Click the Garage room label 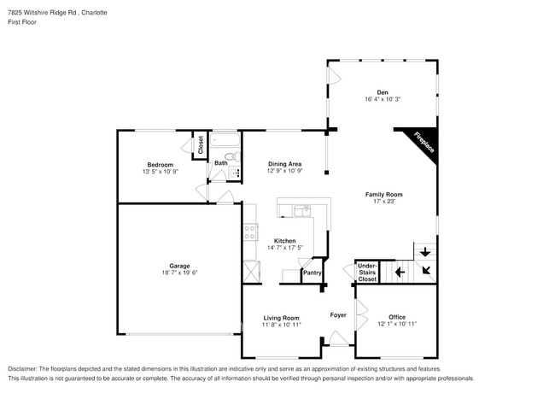point(179,266)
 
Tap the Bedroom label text point(160,165)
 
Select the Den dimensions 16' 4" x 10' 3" point(383,100)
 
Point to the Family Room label point(383,194)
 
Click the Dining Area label point(284,164)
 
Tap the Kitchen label point(284,241)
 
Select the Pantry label point(312,273)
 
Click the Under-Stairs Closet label point(367,273)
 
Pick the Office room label point(397,317)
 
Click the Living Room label point(281,318)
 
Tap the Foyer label point(338,315)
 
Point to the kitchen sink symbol point(302,209)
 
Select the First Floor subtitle point(22,24)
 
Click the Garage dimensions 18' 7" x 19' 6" point(179,273)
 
